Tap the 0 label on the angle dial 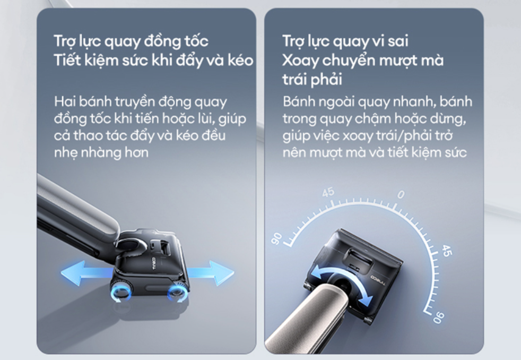pyautogui.click(x=401, y=194)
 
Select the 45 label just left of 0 pyautogui.click(x=328, y=192)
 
